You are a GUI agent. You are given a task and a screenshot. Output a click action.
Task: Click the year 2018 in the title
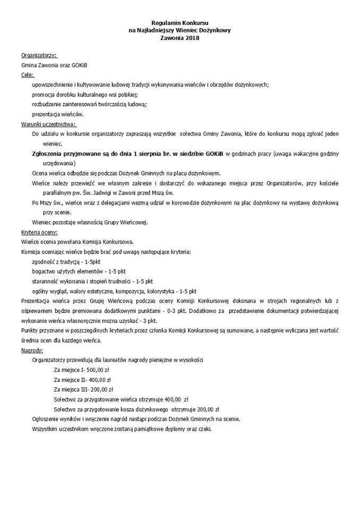(187, 38)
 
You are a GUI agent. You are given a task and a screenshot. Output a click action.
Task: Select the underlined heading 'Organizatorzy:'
(39, 55)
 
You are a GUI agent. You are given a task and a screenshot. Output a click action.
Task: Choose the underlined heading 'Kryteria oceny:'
(39, 232)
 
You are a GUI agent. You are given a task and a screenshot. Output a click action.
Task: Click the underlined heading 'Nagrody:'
(32, 351)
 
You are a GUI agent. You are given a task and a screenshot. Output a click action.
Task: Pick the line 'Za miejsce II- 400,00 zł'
(82, 380)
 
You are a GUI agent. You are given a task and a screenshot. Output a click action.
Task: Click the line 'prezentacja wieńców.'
(58, 114)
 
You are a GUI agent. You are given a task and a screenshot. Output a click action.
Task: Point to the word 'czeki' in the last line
(203, 429)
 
